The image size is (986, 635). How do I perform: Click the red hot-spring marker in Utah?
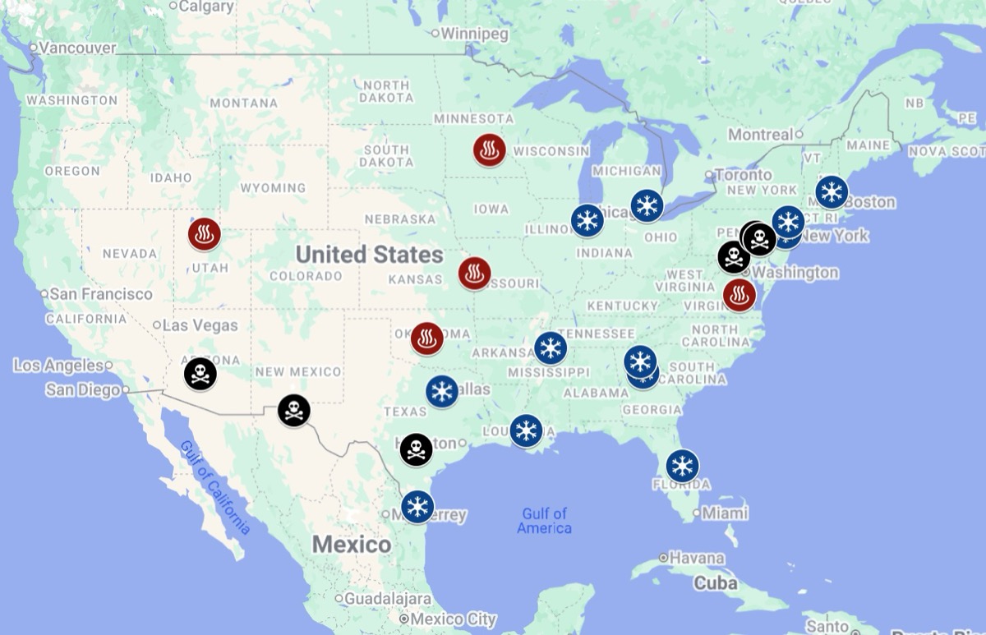[x=204, y=234]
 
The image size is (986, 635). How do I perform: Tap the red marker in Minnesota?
[x=489, y=150]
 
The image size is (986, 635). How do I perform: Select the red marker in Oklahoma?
[x=427, y=338]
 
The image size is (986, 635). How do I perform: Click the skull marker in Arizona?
[x=200, y=374]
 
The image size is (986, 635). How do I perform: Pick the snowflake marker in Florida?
[x=682, y=466]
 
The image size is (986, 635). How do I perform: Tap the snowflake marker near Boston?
[x=832, y=191]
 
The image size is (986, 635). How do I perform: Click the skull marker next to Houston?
[x=416, y=449]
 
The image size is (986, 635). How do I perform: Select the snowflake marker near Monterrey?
[x=417, y=506]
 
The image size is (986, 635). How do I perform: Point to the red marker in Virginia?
[x=739, y=295]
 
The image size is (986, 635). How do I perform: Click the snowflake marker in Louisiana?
[x=526, y=430]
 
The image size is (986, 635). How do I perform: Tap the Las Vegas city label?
[x=200, y=325]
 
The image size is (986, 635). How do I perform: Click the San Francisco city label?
[x=101, y=293]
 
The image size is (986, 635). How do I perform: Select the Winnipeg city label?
[x=475, y=34]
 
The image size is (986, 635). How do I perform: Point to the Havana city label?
[x=697, y=558]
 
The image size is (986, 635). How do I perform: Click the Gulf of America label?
[x=544, y=521]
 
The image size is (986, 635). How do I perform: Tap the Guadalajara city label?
[x=388, y=599]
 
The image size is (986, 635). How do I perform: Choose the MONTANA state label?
[x=243, y=103]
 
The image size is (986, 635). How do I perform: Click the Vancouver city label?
[x=78, y=48]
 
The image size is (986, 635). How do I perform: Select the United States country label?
[x=369, y=254]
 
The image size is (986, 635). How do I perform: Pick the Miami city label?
[x=725, y=513]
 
